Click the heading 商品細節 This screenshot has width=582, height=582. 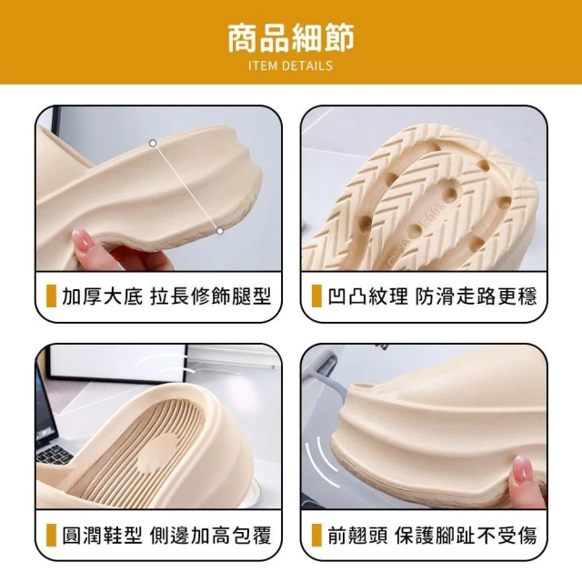(291, 37)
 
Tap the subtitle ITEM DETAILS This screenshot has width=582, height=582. (291, 65)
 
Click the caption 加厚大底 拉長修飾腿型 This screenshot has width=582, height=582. (166, 296)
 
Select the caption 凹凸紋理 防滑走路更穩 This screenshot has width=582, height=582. (433, 296)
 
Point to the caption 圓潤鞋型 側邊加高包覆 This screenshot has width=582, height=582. (166, 535)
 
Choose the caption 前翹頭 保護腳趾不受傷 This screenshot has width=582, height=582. (433, 535)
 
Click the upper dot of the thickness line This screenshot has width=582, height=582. (153, 143)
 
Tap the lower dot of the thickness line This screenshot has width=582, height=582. (220, 231)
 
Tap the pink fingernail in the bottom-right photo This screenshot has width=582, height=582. (520, 468)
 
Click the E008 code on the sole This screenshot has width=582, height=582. (433, 215)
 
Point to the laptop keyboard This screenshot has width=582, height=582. (53, 455)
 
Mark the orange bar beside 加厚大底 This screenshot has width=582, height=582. (51, 296)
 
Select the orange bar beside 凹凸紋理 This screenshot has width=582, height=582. (316, 296)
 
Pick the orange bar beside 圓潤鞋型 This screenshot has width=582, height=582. (51, 535)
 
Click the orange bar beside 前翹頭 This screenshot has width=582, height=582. (316, 535)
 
